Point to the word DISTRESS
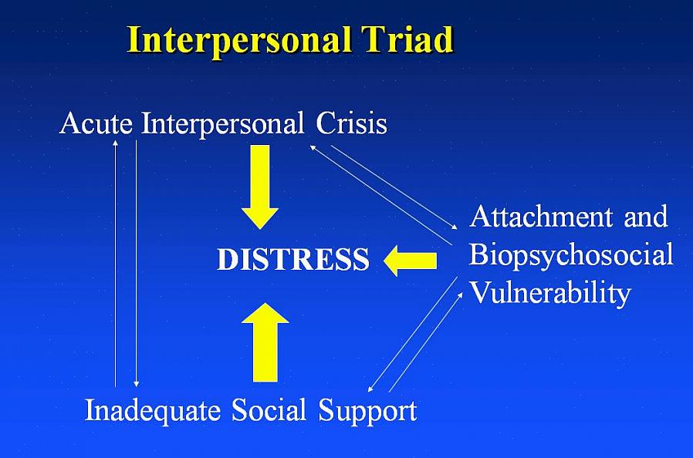click(x=293, y=261)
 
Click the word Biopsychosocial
click(x=571, y=254)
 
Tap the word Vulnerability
click(x=550, y=293)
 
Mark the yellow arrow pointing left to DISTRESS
click(x=411, y=261)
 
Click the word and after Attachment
click(x=644, y=217)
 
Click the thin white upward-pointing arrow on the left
click(x=116, y=262)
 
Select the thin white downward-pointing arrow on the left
click(x=137, y=262)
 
